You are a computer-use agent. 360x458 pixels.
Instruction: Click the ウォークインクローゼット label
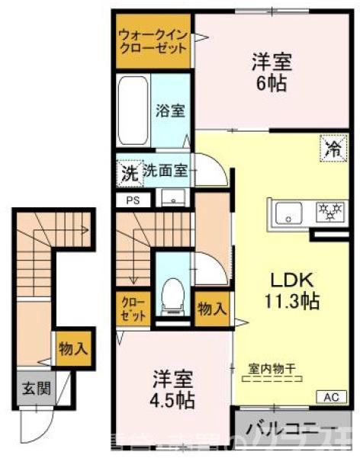coord(152,40)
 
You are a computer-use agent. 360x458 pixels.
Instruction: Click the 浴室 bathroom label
coord(169,110)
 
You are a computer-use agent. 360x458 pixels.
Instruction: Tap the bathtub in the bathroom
coord(134,110)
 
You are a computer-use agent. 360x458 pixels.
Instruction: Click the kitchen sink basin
coord(289,211)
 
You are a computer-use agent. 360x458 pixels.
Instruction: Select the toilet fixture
coord(173,295)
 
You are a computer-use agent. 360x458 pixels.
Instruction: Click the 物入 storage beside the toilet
coord(211,309)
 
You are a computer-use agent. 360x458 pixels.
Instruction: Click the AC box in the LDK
coord(331,396)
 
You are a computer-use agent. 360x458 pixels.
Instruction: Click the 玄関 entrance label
coord(34,389)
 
